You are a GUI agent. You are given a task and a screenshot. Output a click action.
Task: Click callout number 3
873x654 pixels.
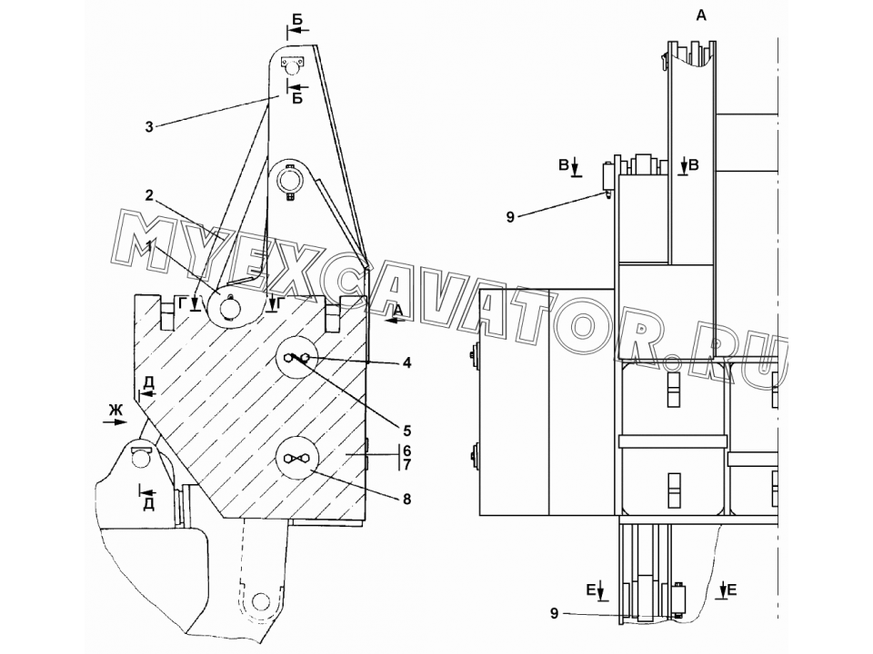coord(148,127)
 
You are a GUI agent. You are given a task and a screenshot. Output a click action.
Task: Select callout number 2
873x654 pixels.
coord(148,195)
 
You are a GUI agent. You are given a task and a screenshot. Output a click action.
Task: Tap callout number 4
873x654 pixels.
coord(407,363)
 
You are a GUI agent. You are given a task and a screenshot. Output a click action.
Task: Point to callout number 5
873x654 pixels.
coord(407,431)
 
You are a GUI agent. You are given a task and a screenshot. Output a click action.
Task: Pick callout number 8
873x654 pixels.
coord(407,500)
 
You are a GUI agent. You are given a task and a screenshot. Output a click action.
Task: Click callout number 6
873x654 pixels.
coord(407,450)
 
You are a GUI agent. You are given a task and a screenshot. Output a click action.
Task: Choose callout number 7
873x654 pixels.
coord(407,464)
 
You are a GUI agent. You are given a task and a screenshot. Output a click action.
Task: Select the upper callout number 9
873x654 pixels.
coord(510,217)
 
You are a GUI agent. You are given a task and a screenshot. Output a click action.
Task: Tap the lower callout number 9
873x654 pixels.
coord(554,613)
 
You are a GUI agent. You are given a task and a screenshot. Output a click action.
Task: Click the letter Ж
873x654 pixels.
coord(115,411)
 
